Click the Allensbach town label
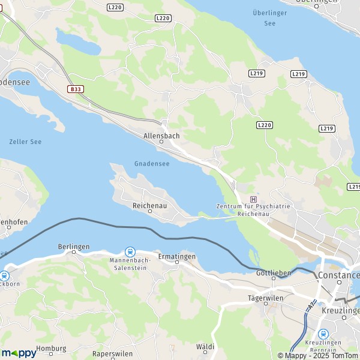pos(161,136)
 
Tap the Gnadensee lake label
pos(152,164)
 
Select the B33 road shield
pos(75,89)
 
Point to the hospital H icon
pos(253,199)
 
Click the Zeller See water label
pos(25,142)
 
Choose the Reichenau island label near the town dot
pos(149,205)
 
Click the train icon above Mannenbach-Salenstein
pos(129,252)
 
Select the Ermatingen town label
pos(176,257)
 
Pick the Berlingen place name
pos(73,247)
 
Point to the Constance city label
pos(340,275)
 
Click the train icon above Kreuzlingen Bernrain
pos(323,334)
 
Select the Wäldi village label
pos(205,347)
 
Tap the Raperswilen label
pos(112,354)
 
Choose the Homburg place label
pos(51,348)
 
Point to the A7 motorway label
pos(311,305)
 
